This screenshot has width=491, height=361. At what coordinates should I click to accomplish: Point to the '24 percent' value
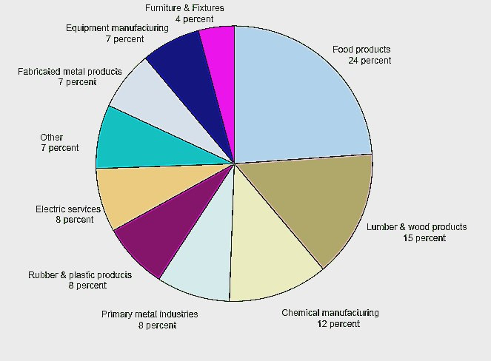click(370, 61)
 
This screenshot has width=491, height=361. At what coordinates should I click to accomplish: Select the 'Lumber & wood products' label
click(417, 226)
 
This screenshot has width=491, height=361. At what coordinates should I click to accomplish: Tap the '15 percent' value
click(424, 237)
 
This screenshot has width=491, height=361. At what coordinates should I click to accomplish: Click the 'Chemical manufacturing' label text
click(330, 312)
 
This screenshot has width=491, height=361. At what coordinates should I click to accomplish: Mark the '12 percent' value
click(338, 323)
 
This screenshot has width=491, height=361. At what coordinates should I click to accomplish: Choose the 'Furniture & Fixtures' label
click(184, 8)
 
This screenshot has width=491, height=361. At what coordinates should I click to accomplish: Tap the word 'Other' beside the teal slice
click(52, 137)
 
